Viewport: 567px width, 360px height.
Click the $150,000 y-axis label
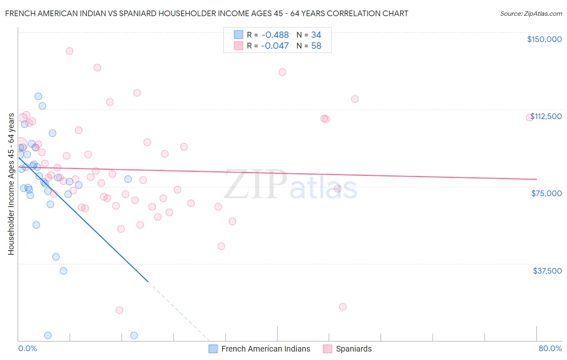pos(544,39)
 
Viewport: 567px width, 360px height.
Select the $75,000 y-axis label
pos(546,193)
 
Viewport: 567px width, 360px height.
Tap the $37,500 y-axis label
pos(547,271)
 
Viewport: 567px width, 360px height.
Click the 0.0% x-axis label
pos(27,348)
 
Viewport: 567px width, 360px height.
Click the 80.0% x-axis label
pos(550,348)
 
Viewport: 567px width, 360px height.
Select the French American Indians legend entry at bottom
pos(260,349)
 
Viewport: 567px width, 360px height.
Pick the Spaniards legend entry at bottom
pos(348,349)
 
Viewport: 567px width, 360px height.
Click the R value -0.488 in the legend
pos(275,35)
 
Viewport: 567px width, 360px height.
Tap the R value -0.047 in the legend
pos(275,46)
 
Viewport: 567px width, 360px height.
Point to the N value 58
pos(316,46)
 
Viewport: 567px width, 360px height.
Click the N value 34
pos(316,35)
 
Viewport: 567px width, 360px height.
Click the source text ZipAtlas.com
pos(531,14)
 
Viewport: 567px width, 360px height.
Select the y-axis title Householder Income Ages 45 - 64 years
pos(11,184)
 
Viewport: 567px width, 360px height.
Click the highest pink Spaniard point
pos(69,51)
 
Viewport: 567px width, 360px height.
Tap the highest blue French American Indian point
pos(38,96)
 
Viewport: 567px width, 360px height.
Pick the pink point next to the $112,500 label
pos(529,117)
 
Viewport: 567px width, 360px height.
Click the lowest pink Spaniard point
pos(119,310)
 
